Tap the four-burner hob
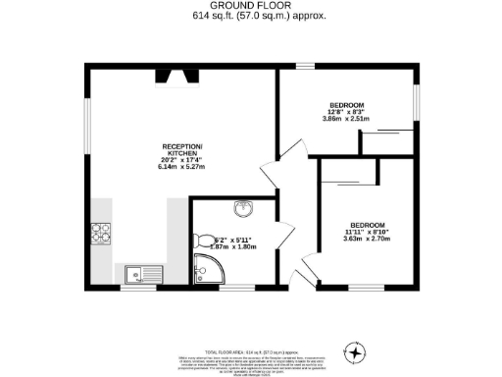click(101, 233)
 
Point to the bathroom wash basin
click(242, 208)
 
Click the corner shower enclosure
click(207, 268)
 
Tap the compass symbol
click(353, 350)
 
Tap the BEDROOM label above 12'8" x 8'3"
click(346, 105)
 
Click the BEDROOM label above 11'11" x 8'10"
click(368, 221)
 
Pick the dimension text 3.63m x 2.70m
click(368, 238)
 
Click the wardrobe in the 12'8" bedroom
click(386, 141)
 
